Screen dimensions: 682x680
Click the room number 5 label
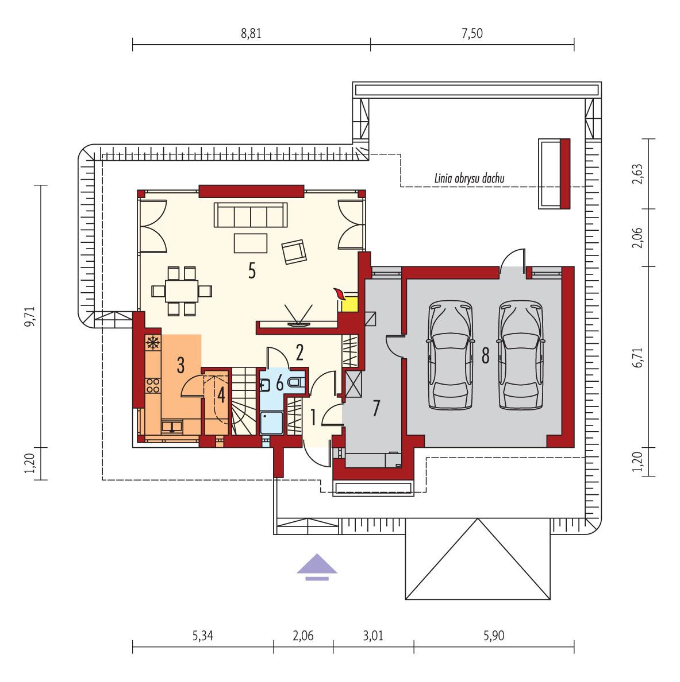click(x=251, y=271)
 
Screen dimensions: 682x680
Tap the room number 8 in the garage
click(x=485, y=356)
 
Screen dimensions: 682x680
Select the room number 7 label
click(x=375, y=409)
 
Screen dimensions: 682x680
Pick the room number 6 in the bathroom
click(x=280, y=383)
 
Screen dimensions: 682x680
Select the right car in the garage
click(x=521, y=356)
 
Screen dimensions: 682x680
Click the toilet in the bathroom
click(x=295, y=383)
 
